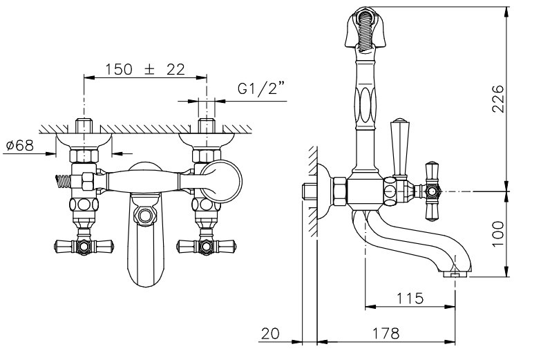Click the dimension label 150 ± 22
point(145,70)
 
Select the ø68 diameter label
point(20,146)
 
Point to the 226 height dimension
point(497,98)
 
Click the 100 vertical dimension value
point(497,234)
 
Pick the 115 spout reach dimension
point(410,298)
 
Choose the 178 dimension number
point(386,333)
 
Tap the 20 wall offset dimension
point(270,334)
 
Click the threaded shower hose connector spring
point(62,181)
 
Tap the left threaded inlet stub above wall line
point(84,125)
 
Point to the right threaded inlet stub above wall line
point(207,125)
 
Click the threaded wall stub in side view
point(309,192)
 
